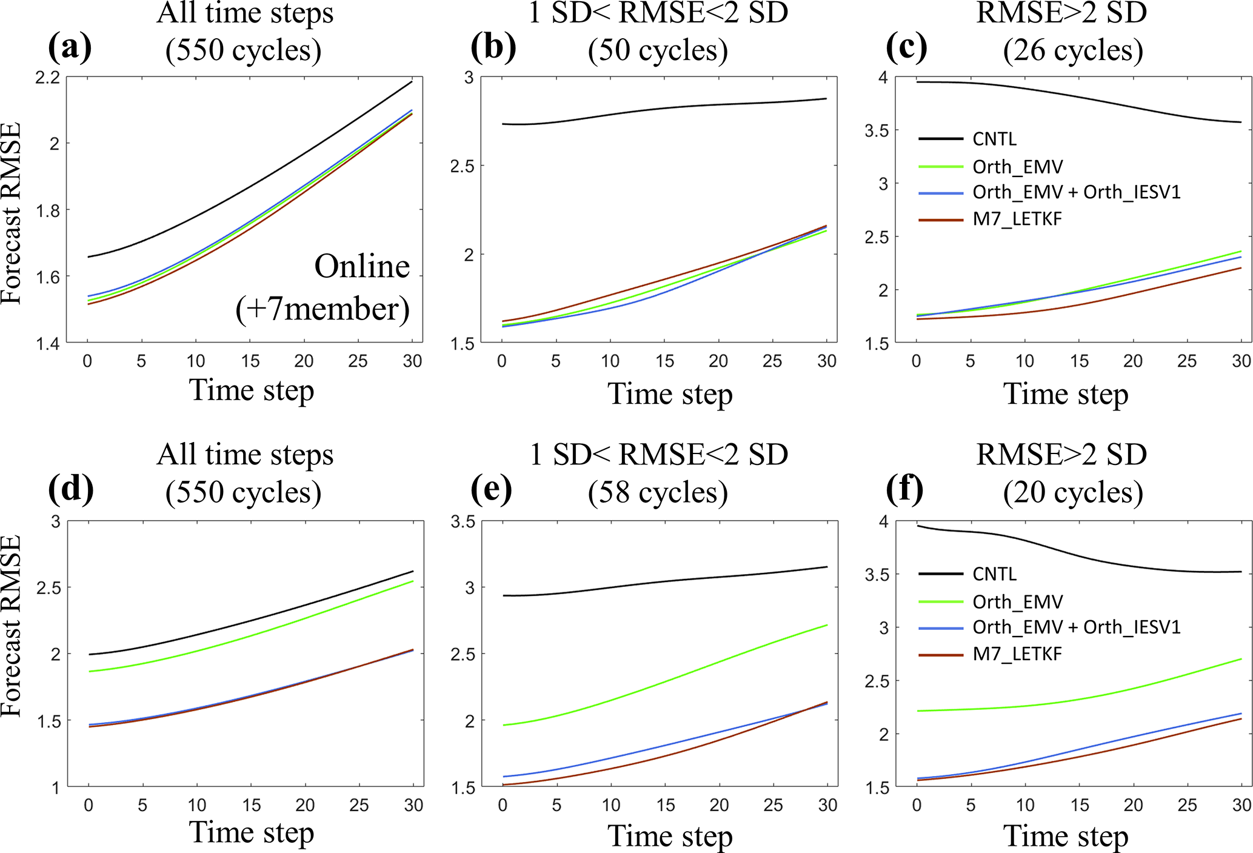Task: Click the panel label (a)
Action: pyautogui.click(x=70, y=47)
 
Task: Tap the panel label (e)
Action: pyautogui.click(x=492, y=489)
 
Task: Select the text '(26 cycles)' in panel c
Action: pyautogui.click(x=1073, y=50)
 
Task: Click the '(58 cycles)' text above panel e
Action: pyautogui.click(x=658, y=492)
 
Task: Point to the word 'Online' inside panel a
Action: pyautogui.click(x=362, y=267)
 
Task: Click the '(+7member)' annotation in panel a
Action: pyautogui.click(x=322, y=309)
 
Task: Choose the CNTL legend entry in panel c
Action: pyautogui.click(x=994, y=139)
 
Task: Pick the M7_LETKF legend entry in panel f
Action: pyautogui.click(x=1017, y=654)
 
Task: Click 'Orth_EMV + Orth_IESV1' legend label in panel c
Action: pyautogui.click(x=1077, y=192)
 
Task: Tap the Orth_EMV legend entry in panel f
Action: pyautogui.click(x=1017, y=602)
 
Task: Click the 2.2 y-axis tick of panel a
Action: pyautogui.click(x=48, y=78)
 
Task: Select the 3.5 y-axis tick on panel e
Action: pyautogui.click(x=463, y=521)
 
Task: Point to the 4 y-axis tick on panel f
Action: pyautogui.click(x=883, y=521)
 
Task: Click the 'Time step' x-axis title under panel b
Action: pyautogui.click(x=670, y=394)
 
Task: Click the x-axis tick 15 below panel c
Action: pyautogui.click(x=1079, y=361)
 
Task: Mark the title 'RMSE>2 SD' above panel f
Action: pyautogui.click(x=1061, y=454)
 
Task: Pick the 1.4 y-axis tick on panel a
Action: pyautogui.click(x=48, y=344)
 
